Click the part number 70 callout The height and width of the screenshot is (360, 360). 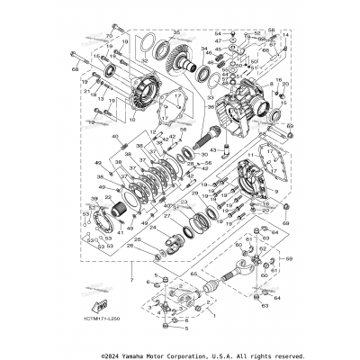coord(108,36)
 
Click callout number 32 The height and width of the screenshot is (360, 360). coord(143,61)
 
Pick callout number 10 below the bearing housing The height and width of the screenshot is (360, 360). coord(130,117)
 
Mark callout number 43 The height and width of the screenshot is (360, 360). coord(213,148)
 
